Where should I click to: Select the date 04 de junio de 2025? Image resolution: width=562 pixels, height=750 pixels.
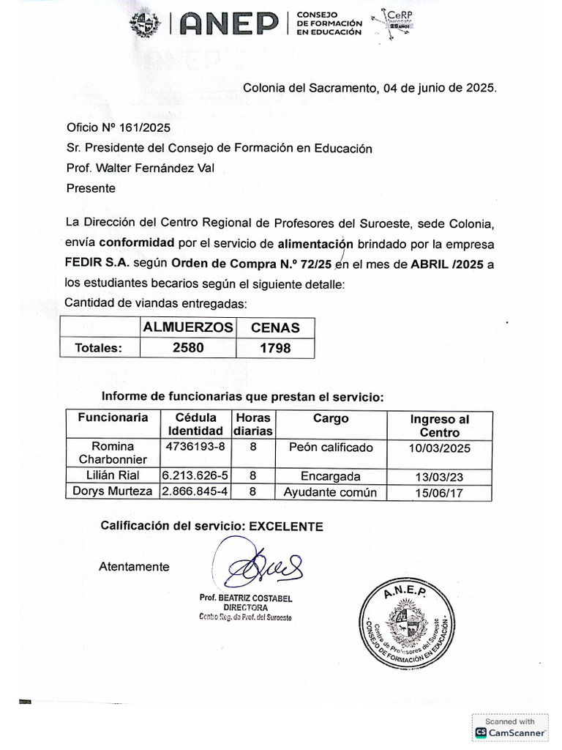click(x=438, y=88)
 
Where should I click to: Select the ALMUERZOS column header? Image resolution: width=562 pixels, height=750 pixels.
click(x=188, y=327)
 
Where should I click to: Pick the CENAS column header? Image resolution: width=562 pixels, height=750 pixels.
click(x=275, y=327)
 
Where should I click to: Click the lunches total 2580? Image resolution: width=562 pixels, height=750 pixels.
click(x=188, y=348)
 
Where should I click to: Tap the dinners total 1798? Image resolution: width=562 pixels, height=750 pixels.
click(x=275, y=348)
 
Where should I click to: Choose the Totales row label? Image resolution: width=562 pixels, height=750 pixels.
click(x=98, y=348)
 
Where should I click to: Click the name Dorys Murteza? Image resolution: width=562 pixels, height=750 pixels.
click(x=113, y=491)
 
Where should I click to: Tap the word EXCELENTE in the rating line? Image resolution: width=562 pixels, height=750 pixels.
click(x=286, y=526)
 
